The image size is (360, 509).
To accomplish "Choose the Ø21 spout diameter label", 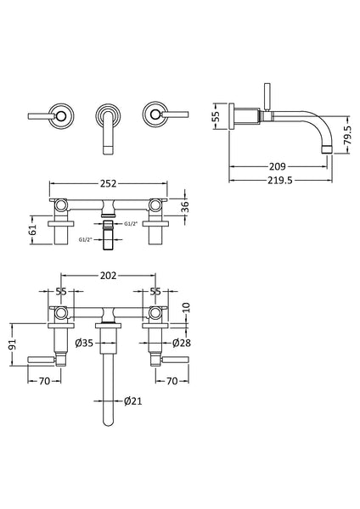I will click(132, 401).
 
